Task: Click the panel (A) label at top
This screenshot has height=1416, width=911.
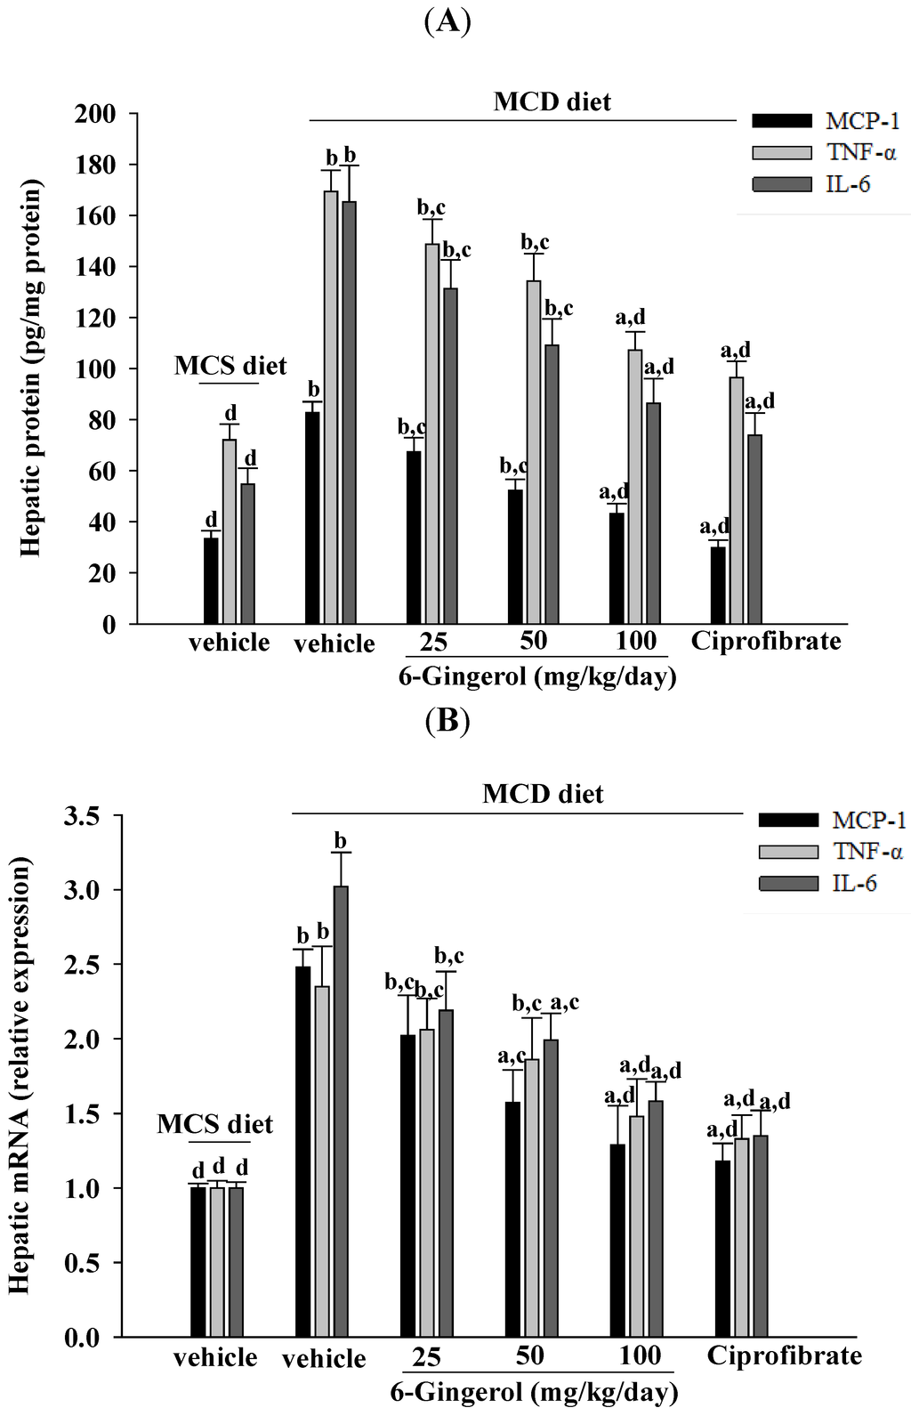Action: pyautogui.click(x=447, y=20)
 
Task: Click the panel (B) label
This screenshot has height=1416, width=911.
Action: pyautogui.click(x=447, y=719)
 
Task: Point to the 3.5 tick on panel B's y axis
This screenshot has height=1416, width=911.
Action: pyautogui.click(x=81, y=815)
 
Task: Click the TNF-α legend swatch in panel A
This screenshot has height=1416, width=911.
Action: pyautogui.click(x=782, y=152)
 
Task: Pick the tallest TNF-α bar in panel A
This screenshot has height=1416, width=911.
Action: pyautogui.click(x=331, y=407)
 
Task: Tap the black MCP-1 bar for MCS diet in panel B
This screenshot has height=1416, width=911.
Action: pyautogui.click(x=198, y=1262)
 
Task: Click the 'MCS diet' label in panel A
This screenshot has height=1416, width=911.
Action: pyautogui.click(x=230, y=366)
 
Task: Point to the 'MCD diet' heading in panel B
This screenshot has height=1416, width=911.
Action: pyautogui.click(x=543, y=793)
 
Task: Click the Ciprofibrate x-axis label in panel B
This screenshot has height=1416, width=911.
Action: pyautogui.click(x=784, y=1355)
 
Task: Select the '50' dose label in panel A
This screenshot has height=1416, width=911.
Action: pyautogui.click(x=534, y=640)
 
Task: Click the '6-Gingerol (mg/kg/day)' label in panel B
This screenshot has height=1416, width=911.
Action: pyautogui.click(x=534, y=1391)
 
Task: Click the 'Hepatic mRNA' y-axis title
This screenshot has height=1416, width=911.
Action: pyautogui.click(x=20, y=1074)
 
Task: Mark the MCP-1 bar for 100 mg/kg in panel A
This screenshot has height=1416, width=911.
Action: pyautogui.click(x=617, y=568)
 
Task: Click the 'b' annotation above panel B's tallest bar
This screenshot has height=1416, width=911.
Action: pyautogui.click(x=341, y=840)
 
